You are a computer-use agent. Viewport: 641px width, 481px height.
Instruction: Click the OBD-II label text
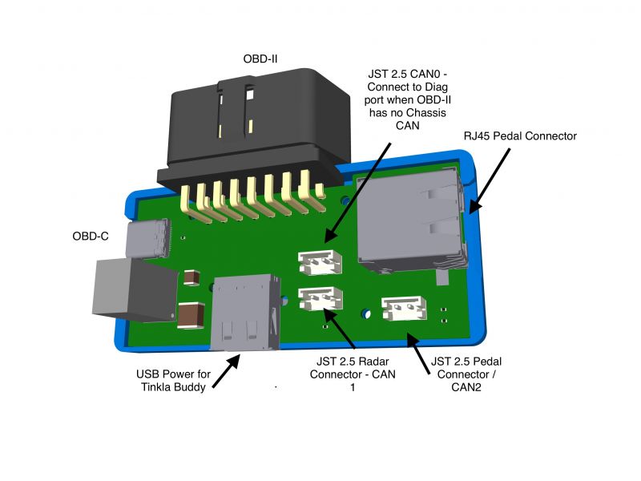[x=260, y=58]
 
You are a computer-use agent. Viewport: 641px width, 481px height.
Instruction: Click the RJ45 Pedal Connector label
[x=520, y=136]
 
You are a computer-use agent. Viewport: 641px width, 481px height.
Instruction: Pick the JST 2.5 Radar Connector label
[x=353, y=374]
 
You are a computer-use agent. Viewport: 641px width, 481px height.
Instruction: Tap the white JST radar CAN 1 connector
[x=320, y=298]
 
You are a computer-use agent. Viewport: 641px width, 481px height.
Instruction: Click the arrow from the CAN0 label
[x=361, y=193]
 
